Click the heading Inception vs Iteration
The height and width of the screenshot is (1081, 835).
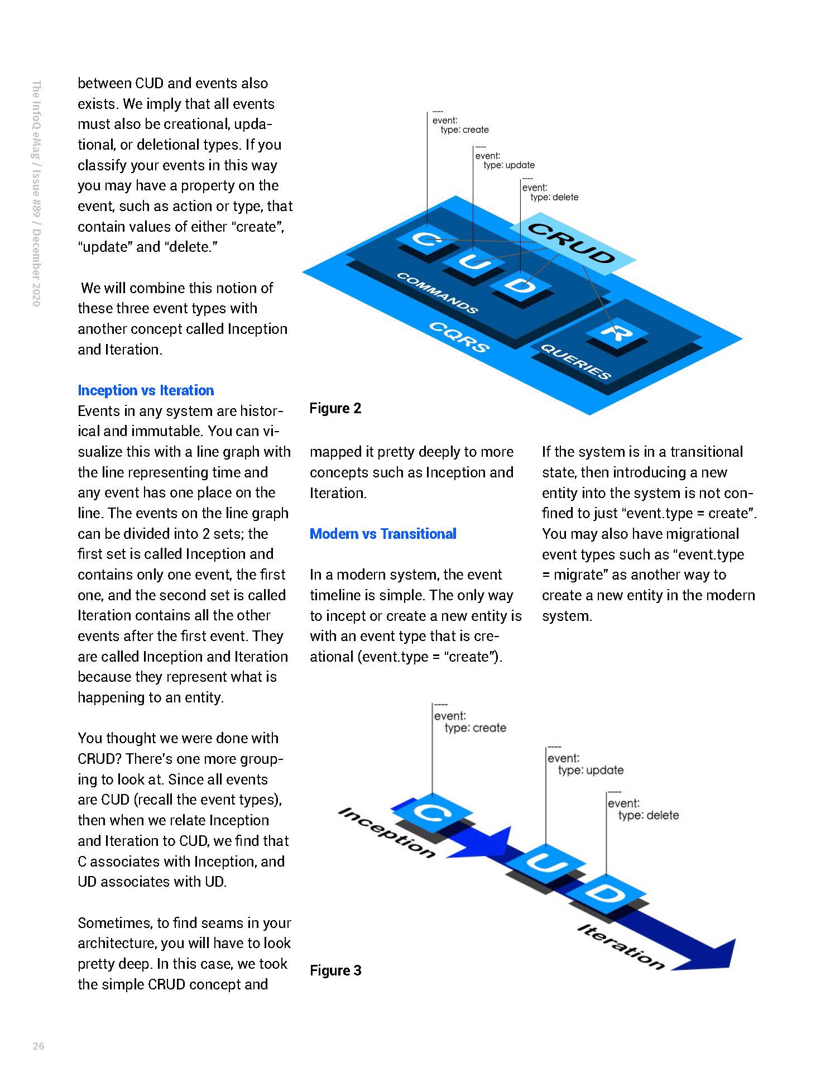pos(146,390)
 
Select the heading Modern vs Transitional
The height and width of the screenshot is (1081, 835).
pos(383,534)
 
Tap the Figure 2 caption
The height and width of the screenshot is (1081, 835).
pos(335,408)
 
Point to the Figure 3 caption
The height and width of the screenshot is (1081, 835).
pos(335,970)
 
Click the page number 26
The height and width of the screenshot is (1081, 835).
pos(39,1046)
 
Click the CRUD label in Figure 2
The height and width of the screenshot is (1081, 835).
pos(572,242)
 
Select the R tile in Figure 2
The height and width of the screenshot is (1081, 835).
pos(617,333)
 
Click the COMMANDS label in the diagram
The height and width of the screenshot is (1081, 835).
pos(437,293)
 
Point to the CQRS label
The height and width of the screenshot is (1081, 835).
pos(459,336)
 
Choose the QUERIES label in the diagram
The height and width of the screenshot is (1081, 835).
pos(575,361)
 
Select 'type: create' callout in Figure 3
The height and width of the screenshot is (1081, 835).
pos(475,728)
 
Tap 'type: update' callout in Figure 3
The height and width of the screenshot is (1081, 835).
pos(591,771)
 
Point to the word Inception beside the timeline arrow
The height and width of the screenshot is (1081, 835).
pos(387,832)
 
